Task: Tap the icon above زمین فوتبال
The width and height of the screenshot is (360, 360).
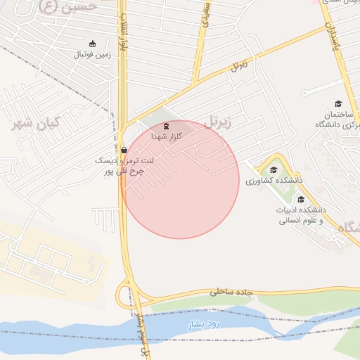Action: (x=92, y=44)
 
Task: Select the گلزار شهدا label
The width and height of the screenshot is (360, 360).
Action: (x=166, y=136)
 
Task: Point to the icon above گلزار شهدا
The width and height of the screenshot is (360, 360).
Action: (x=166, y=127)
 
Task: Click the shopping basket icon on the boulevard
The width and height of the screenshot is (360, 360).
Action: (x=124, y=150)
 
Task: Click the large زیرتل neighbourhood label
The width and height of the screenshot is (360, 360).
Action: (x=219, y=122)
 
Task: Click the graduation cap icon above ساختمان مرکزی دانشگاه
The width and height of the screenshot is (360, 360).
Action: (x=338, y=103)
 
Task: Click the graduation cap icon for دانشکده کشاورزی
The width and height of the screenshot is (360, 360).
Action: (x=274, y=169)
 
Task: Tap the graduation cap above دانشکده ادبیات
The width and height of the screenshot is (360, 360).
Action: (x=300, y=199)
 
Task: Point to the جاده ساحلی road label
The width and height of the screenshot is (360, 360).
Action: (x=229, y=290)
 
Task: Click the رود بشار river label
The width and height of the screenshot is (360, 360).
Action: (x=203, y=324)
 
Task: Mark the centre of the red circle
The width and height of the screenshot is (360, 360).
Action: (x=180, y=179)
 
